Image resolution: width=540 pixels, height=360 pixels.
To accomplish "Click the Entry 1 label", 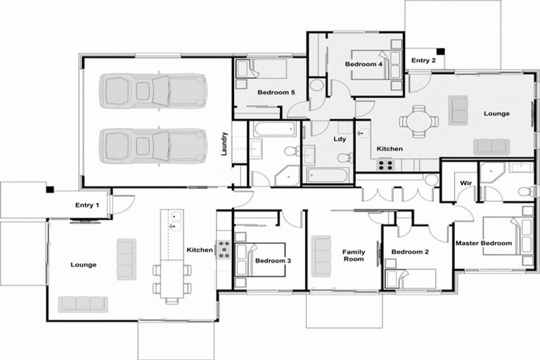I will (87, 205).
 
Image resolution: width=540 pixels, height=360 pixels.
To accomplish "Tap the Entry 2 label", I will (423, 60).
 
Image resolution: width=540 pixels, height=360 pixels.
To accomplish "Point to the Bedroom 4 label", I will (364, 65).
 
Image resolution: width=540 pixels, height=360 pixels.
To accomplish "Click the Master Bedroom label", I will (484, 243).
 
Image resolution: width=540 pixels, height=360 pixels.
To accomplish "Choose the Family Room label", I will (353, 255).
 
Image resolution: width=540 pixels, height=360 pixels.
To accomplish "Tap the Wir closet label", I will (465, 183).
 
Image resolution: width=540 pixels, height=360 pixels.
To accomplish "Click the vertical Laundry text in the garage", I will (225, 144).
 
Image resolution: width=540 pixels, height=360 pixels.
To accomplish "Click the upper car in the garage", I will (153, 91).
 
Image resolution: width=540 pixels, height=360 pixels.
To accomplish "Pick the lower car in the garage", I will (153, 146).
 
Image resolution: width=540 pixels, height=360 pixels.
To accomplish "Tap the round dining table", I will (419, 120).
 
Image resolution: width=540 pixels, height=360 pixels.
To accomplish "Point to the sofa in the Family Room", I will (322, 255).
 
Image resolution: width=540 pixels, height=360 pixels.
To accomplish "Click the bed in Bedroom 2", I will (411, 278).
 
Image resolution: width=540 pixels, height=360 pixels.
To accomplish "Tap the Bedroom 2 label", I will (409, 252).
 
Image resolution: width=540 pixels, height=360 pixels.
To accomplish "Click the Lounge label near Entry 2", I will (496, 113).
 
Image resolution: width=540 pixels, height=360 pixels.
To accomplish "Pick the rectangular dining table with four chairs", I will (172, 278).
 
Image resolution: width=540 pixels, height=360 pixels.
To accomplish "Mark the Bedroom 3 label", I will (272, 261).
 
